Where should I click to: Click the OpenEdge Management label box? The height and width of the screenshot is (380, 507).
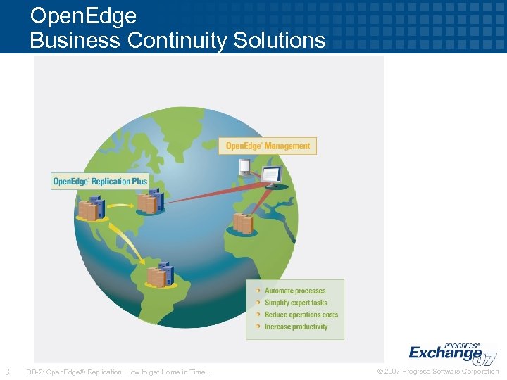[268, 146]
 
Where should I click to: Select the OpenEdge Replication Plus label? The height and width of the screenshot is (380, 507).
[100, 181]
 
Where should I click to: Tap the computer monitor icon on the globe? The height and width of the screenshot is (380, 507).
[271, 176]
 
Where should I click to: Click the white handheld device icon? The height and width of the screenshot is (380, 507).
[244, 167]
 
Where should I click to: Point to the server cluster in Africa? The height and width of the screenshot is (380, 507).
[244, 223]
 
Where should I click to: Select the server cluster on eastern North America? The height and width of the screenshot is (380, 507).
[150, 203]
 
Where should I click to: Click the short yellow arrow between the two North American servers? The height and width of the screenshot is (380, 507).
[120, 205]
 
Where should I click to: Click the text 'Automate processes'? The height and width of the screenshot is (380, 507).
[295, 291]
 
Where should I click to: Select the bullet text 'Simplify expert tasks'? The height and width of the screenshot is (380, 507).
[296, 303]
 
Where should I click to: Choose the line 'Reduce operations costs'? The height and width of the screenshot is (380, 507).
[301, 315]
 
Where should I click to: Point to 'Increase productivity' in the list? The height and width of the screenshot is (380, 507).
[296, 327]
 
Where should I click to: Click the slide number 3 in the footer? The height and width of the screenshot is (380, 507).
[7, 372]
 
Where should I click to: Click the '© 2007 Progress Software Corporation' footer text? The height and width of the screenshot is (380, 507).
[437, 372]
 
